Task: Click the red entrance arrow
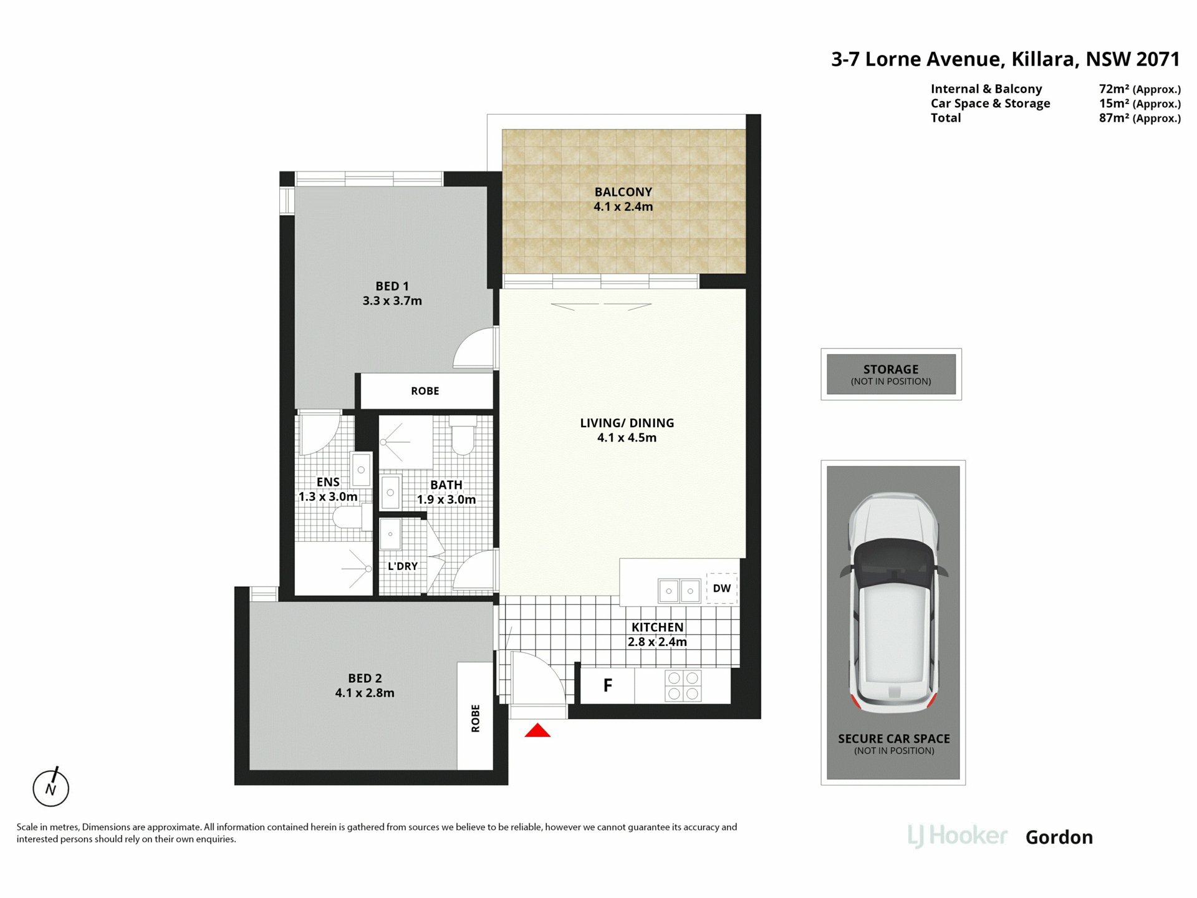coord(537,730)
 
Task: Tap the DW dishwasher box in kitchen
coord(722,588)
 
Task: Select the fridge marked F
coord(607,685)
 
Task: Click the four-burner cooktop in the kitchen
coord(683,685)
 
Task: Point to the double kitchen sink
coord(680,590)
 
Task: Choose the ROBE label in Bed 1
coord(425,391)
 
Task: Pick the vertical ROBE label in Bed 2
coord(476,718)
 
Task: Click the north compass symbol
coord(51,788)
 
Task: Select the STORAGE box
coord(891,374)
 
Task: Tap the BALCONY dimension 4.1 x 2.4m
coord(623,206)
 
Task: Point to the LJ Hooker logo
coord(958,836)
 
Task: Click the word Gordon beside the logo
coord(1059,837)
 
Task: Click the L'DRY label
coord(403,566)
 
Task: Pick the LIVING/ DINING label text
coord(627,423)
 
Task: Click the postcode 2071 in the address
coord(1158,59)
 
